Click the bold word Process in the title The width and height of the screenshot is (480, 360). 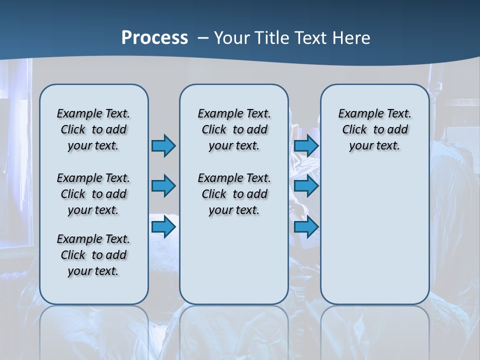click(154, 38)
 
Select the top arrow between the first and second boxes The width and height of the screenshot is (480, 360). click(163, 145)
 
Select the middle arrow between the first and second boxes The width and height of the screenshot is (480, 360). click(163, 186)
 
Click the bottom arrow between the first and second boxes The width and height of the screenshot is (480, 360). click(163, 227)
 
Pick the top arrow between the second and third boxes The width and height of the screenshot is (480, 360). click(306, 145)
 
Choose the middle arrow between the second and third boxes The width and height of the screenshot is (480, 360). click(306, 186)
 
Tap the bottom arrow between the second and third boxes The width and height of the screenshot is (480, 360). click(306, 227)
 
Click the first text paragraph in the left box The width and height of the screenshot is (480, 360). click(93, 129)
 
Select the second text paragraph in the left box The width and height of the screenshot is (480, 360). click(93, 194)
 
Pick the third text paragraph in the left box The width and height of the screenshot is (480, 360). click(93, 255)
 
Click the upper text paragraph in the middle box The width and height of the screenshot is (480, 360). click(234, 129)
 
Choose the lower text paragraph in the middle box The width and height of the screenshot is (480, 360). click(234, 194)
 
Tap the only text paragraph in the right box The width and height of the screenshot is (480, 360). click(374, 129)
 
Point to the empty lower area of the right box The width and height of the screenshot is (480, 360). click(374, 235)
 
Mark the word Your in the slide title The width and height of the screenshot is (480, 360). click(232, 38)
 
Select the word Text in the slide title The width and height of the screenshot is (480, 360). click(311, 38)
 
